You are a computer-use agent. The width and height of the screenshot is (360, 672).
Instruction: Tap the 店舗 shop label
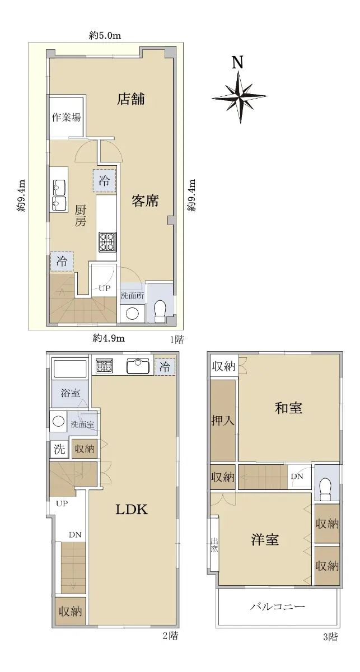point(131,99)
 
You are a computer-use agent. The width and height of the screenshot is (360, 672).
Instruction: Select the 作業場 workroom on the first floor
point(66,116)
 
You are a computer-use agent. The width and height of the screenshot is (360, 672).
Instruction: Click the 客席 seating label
point(145,200)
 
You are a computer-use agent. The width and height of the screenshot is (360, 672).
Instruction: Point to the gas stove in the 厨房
point(107,242)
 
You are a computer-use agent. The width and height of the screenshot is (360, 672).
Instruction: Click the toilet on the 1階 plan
point(160,310)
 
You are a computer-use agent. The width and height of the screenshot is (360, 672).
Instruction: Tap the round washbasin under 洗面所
point(132,314)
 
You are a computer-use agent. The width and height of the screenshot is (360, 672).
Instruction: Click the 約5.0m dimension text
point(105,36)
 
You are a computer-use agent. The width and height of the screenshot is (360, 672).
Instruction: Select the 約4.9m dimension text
point(109,338)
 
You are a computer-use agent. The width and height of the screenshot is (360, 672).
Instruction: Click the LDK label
point(132,510)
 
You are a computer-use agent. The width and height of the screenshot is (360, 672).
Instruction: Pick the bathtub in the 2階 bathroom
point(70,368)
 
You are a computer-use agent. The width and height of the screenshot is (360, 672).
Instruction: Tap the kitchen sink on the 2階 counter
point(138,366)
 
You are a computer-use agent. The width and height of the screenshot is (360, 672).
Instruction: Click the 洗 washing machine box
point(59,449)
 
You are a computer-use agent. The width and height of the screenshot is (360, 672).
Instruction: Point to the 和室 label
point(288,408)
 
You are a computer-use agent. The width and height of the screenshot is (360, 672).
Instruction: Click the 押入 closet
point(223,421)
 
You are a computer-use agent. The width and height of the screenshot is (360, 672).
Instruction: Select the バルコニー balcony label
point(278,606)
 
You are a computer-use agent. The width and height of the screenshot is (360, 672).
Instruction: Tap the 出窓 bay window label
point(214,545)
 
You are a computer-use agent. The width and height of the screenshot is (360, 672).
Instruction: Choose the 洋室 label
point(265,539)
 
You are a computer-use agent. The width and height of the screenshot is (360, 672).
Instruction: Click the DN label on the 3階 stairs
point(297,476)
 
